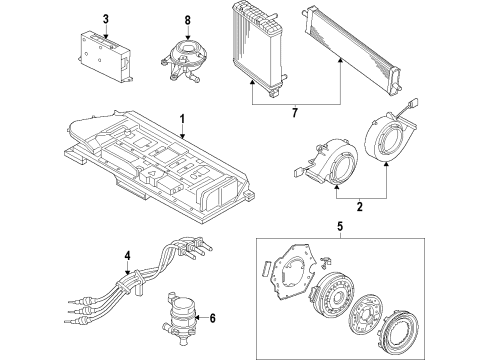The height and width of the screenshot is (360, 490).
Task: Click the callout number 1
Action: click(x=182, y=120)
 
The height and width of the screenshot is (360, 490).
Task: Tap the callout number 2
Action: click(x=360, y=207)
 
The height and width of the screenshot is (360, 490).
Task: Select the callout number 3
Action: click(x=106, y=19)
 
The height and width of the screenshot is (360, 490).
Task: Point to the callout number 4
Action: click(x=127, y=256)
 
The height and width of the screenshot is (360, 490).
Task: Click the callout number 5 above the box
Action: click(x=340, y=227)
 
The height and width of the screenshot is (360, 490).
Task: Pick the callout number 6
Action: click(x=212, y=318)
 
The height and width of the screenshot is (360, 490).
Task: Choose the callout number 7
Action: click(x=295, y=113)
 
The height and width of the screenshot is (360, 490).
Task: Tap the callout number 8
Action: click(x=188, y=20)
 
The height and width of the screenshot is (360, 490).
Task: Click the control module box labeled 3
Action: click(x=105, y=56)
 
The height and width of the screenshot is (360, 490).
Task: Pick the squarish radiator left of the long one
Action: click(x=258, y=48)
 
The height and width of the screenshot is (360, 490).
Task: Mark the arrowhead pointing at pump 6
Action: click(x=197, y=318)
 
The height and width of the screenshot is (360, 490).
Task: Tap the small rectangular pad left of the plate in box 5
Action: click(x=266, y=269)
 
